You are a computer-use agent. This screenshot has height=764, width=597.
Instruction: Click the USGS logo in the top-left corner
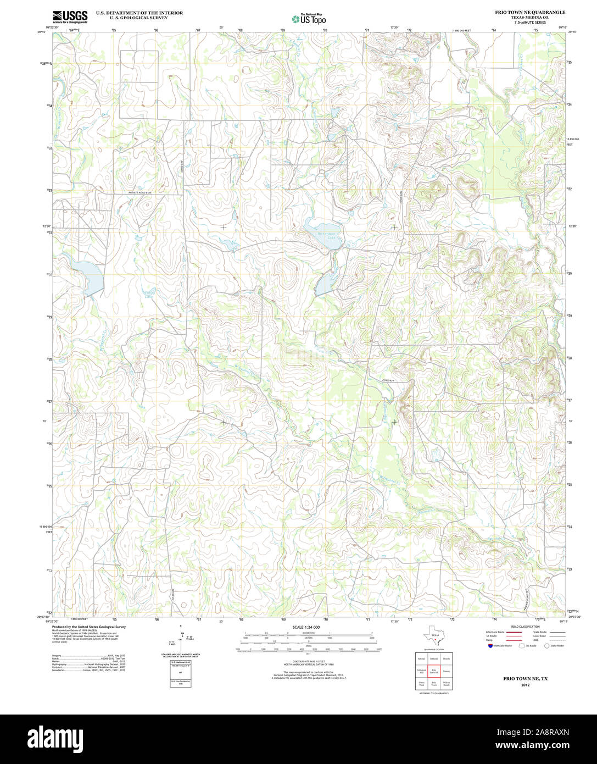(70, 16)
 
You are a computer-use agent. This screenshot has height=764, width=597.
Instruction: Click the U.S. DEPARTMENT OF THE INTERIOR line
(140, 12)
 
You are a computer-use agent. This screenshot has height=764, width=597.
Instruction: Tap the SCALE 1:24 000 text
(306, 627)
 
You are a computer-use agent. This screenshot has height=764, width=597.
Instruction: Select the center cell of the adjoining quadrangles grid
(434, 671)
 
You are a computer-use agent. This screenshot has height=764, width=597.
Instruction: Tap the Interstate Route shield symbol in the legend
(490, 646)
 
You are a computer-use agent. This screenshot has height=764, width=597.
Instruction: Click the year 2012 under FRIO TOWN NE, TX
(525, 685)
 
